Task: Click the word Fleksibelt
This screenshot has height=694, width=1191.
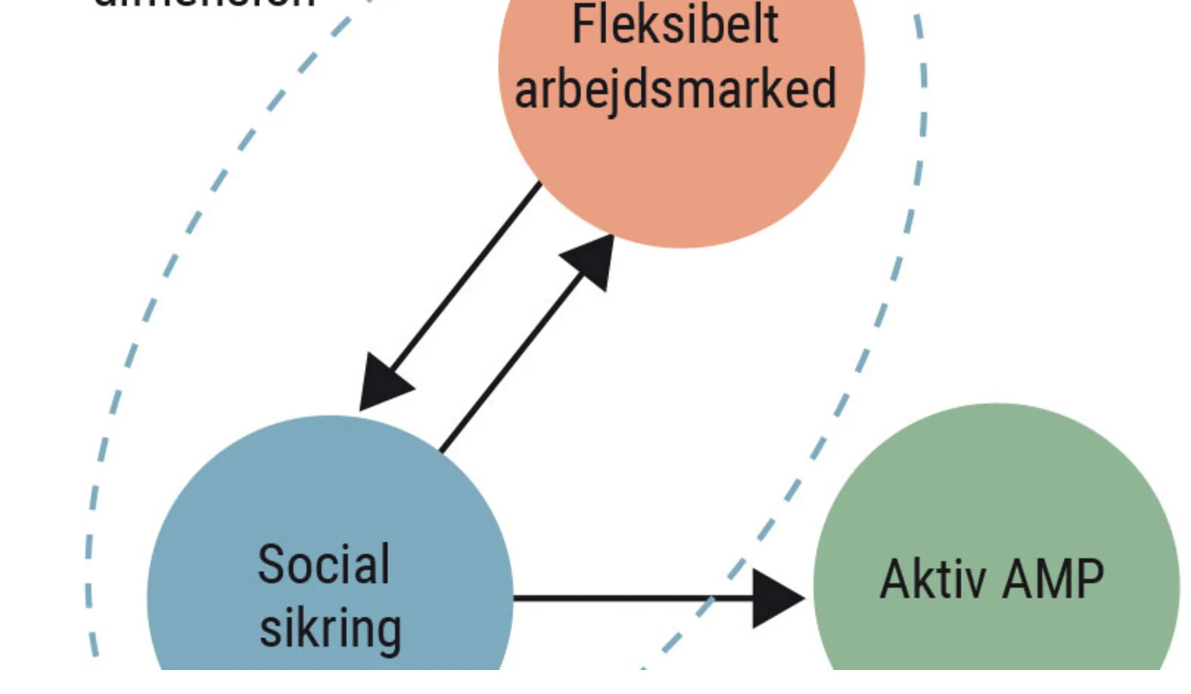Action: [675, 25]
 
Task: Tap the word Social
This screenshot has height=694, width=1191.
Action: [323, 564]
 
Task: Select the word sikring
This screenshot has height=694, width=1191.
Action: [331, 629]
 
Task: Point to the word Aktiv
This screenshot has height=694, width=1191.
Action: [933, 579]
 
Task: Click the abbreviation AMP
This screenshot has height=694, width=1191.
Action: [1053, 579]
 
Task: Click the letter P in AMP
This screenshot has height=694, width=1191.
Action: [1089, 579]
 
